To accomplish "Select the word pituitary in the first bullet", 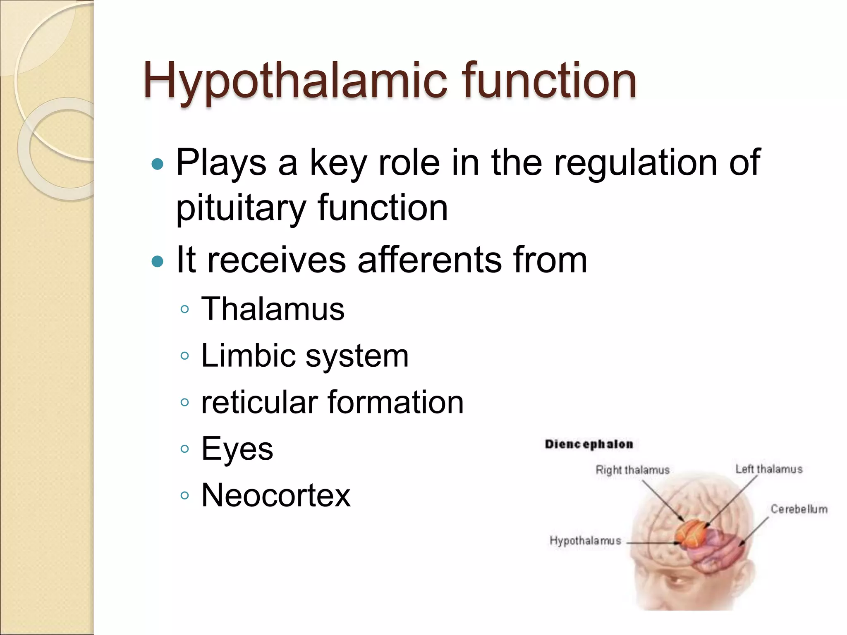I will (x=240, y=208).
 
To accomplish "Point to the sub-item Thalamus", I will (x=273, y=309).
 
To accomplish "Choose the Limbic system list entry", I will (x=305, y=356).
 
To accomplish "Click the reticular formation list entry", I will (x=332, y=402).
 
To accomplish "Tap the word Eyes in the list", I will (x=237, y=449).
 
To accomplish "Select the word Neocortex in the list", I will (x=276, y=495).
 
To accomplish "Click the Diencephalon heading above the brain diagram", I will (x=589, y=444).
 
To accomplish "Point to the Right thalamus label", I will (x=632, y=470).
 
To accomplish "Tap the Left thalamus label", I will (x=769, y=469).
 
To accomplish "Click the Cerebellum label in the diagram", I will (x=799, y=509).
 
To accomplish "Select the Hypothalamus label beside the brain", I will (x=585, y=541).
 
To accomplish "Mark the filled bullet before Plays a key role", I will (x=158, y=165).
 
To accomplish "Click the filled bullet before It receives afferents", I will (x=158, y=261).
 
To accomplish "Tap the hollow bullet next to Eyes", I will (x=185, y=449).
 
